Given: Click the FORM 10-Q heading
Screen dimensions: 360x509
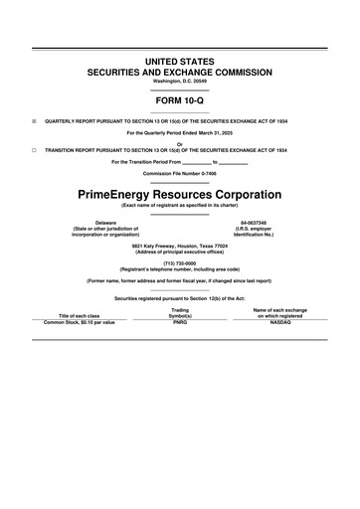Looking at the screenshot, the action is pos(180,101).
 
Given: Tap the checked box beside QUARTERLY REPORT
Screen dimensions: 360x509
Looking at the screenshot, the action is pos(34,121).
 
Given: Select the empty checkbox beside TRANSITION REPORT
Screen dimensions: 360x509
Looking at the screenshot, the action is pos(34,150).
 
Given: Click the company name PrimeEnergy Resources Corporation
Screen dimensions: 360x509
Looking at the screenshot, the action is pos(180,192).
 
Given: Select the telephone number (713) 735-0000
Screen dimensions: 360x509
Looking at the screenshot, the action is pos(180,262).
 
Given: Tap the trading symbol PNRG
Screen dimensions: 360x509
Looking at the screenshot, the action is pos(180,322).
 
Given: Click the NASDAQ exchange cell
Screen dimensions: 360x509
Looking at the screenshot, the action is pos(280,322).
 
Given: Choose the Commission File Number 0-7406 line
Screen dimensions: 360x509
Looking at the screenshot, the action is pos(180,173).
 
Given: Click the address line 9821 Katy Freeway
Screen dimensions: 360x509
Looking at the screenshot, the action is pos(180,245).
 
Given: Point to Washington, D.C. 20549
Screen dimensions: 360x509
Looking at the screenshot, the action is pos(180,80).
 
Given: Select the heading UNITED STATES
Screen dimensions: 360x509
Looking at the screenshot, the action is pos(180,62).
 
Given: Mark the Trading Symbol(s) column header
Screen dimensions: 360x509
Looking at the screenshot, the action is pos(180,312).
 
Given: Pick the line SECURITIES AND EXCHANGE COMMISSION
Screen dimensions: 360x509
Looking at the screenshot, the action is pos(180,72).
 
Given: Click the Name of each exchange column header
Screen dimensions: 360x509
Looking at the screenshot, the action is pos(280,309).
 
